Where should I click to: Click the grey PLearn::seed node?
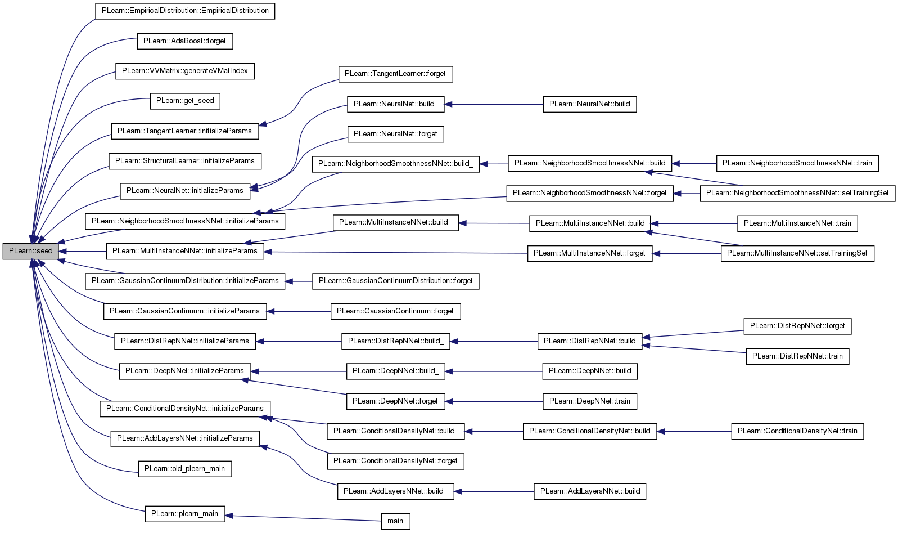pyautogui.click(x=30, y=251)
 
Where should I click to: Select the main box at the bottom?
pyautogui.click(x=395, y=521)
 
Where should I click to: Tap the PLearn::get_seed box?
pyautogui.click(x=185, y=101)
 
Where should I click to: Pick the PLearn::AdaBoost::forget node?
pyautogui.click(x=185, y=41)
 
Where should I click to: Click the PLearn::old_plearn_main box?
pyautogui.click(x=185, y=469)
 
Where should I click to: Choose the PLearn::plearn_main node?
pyautogui.click(x=185, y=514)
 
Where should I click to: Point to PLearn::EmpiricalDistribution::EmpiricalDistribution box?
pyautogui.click(x=185, y=11)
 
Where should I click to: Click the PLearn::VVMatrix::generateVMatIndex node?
pyautogui.click(x=185, y=71)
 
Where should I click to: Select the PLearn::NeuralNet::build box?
pyautogui.click(x=590, y=104)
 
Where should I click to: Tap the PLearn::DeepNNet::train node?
pyautogui.click(x=590, y=401)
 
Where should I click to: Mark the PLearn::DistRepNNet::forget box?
pyautogui.click(x=797, y=326)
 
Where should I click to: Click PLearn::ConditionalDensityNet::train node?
pyautogui.click(x=797, y=432)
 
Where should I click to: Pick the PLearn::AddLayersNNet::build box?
pyautogui.click(x=590, y=492)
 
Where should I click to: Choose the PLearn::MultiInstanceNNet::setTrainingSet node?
pyautogui.click(x=797, y=254)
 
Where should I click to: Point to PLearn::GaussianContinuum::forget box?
pyautogui.click(x=395, y=311)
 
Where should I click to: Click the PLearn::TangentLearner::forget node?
pyautogui.click(x=395, y=74)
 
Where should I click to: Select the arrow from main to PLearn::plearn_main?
pyautogui.click(x=303, y=518)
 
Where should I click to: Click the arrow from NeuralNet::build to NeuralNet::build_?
pyautogui.click(x=494, y=104)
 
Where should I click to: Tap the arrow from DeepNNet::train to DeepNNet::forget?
pyautogui.click(x=494, y=401)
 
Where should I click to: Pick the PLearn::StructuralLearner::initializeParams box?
pyautogui.click(x=185, y=161)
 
